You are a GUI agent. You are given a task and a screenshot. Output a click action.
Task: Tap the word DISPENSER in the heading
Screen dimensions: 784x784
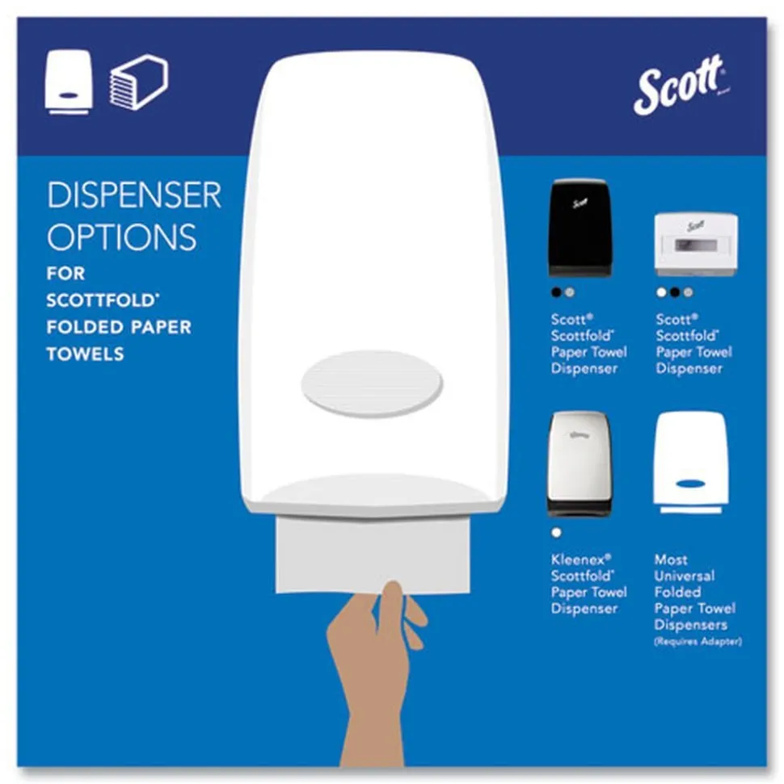tap(133, 196)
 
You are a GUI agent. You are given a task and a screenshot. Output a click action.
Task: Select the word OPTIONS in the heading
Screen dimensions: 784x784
tap(121, 237)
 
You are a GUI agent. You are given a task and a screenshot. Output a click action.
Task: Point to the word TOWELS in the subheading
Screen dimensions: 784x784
tap(85, 354)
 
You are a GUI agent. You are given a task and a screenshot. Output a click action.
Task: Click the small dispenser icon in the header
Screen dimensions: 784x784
tap(69, 82)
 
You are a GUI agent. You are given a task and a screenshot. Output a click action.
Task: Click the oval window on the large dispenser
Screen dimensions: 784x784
tap(372, 383)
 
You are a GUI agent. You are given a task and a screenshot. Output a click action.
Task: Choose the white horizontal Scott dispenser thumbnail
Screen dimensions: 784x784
tap(695, 245)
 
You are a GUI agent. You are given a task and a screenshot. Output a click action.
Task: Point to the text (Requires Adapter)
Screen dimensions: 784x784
tap(698, 642)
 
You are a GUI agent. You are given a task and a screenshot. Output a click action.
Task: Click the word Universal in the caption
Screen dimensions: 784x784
tap(685, 576)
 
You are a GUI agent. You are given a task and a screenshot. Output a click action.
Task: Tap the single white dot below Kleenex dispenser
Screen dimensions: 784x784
tap(555, 533)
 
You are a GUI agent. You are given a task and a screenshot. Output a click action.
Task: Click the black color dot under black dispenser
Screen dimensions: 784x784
tap(555, 292)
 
